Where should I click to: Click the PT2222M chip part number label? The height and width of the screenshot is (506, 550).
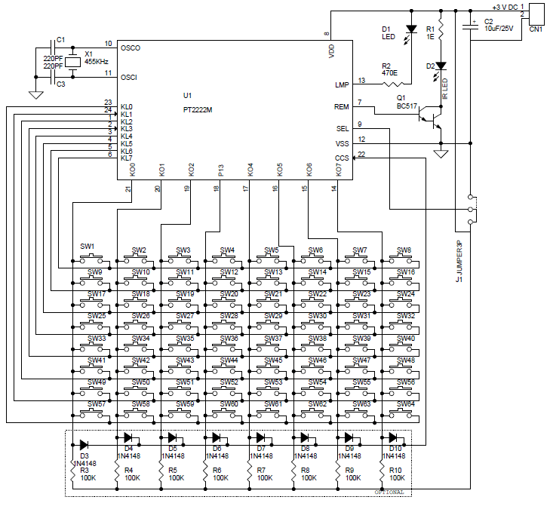click(x=198, y=109)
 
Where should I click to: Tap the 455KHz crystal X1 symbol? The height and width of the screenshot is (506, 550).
click(x=72, y=63)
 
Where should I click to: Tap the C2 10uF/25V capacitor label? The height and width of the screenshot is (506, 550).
click(x=499, y=26)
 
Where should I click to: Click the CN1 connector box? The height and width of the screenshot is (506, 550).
click(x=537, y=14)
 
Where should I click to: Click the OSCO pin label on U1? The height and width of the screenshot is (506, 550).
click(x=130, y=48)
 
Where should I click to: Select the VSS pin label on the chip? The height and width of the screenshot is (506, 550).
click(x=342, y=143)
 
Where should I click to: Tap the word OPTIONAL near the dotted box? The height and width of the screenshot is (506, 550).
click(x=389, y=492)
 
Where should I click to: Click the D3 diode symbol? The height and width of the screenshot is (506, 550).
click(x=84, y=445)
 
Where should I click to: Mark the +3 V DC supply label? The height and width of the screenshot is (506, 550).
click(x=496, y=6)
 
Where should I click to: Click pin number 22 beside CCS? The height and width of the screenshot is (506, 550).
click(x=361, y=154)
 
